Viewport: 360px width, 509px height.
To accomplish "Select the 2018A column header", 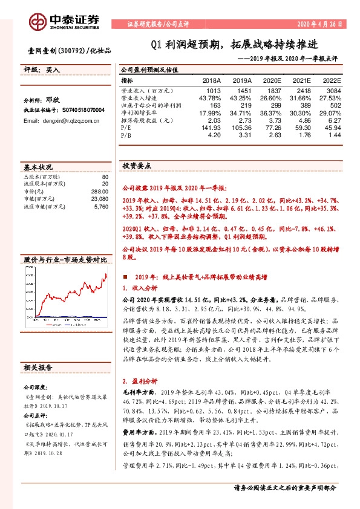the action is click(211, 80).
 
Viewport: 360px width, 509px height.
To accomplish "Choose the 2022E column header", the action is click(332, 80).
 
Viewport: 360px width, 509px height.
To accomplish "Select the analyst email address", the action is click(62, 121).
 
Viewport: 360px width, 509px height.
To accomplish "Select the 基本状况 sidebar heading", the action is click(36, 166).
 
